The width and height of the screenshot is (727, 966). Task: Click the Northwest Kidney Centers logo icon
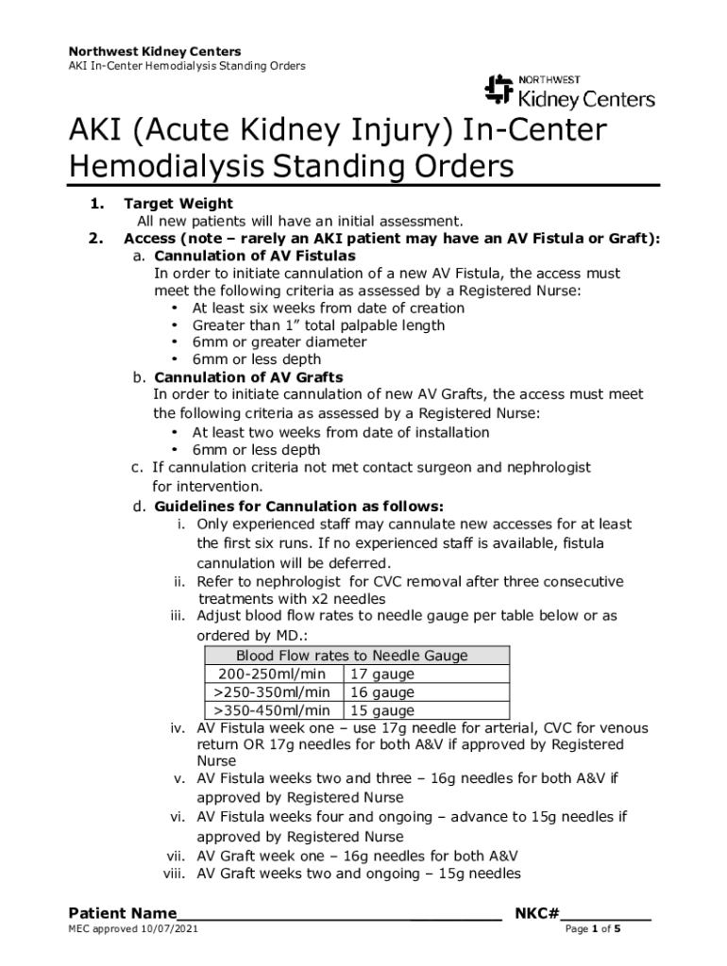coord(499,90)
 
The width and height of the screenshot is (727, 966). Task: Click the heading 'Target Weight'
coord(178,204)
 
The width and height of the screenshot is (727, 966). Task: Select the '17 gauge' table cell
coord(382,675)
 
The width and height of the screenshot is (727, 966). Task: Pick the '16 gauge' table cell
coord(382,692)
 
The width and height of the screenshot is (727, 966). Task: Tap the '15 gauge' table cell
coord(382,710)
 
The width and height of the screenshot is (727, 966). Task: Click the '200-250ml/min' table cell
coord(272,675)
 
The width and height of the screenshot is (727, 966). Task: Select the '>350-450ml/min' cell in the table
coord(272,710)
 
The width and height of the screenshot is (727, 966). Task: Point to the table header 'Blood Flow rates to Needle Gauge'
coord(352,656)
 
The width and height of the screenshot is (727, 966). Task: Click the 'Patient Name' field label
coord(122,913)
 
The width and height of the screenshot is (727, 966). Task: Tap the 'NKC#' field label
coord(538,913)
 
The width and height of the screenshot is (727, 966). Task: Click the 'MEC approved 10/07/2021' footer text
coord(133,930)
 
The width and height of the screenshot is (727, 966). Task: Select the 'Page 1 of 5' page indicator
coord(592,930)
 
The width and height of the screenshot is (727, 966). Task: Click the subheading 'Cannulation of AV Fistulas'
coord(255,256)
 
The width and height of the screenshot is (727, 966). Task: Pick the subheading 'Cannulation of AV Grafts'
coord(248,377)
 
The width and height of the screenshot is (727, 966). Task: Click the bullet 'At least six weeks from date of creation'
coord(329,308)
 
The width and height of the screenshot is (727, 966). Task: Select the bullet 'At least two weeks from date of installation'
coord(341,432)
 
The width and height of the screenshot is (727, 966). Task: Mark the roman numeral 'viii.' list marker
coord(178,874)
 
